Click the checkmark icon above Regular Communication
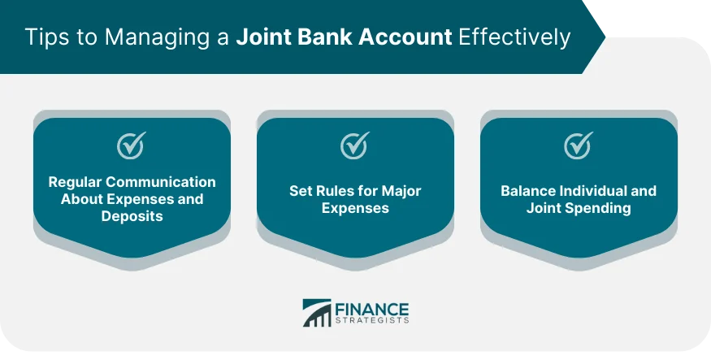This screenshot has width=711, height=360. pyautogui.click(x=131, y=146)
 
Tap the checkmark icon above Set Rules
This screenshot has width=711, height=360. pyautogui.click(x=354, y=146)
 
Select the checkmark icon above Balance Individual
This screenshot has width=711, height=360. pyautogui.click(x=578, y=146)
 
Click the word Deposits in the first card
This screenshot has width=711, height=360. pyautogui.click(x=132, y=216)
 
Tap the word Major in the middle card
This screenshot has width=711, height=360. pyautogui.click(x=400, y=191)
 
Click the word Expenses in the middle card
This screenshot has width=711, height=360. pyautogui.click(x=355, y=208)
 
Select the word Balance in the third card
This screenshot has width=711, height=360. pyautogui.click(x=527, y=191)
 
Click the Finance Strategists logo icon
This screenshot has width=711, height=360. pyautogui.click(x=317, y=313)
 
